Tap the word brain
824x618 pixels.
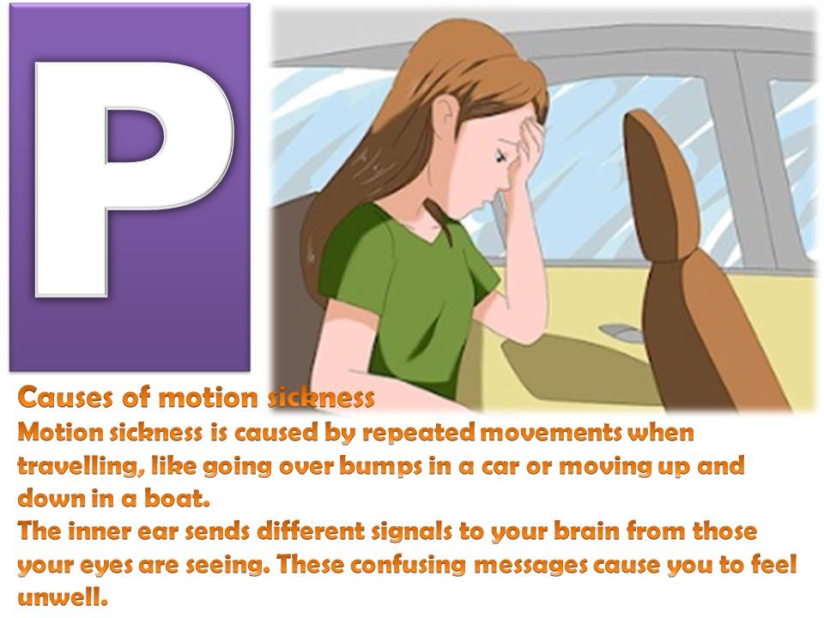pyautogui.click(x=557, y=531)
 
